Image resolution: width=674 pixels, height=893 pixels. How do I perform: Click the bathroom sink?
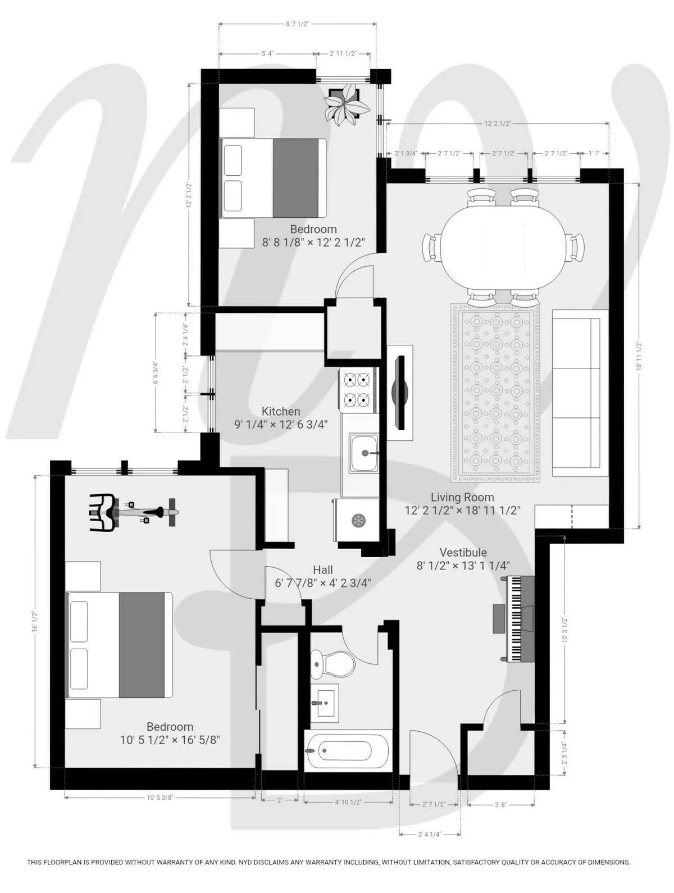pos(325,703)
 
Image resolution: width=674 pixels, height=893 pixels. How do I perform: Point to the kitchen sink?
pos(364,453)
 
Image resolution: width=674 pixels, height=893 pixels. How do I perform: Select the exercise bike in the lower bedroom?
pos(132,512)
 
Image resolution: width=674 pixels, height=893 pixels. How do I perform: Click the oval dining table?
pos(503,248)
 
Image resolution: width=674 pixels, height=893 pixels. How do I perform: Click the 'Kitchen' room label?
pos(281,412)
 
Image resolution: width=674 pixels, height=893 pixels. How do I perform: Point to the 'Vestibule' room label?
pos(463,553)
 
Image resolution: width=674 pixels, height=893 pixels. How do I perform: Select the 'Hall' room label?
pos(323,570)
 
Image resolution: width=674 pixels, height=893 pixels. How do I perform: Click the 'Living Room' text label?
pos(462,497)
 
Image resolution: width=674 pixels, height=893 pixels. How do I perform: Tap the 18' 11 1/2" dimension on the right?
pos(639,356)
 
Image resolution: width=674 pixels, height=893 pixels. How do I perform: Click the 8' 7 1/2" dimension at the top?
pos(297,24)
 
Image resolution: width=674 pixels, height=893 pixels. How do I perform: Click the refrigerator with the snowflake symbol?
pos(356,520)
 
